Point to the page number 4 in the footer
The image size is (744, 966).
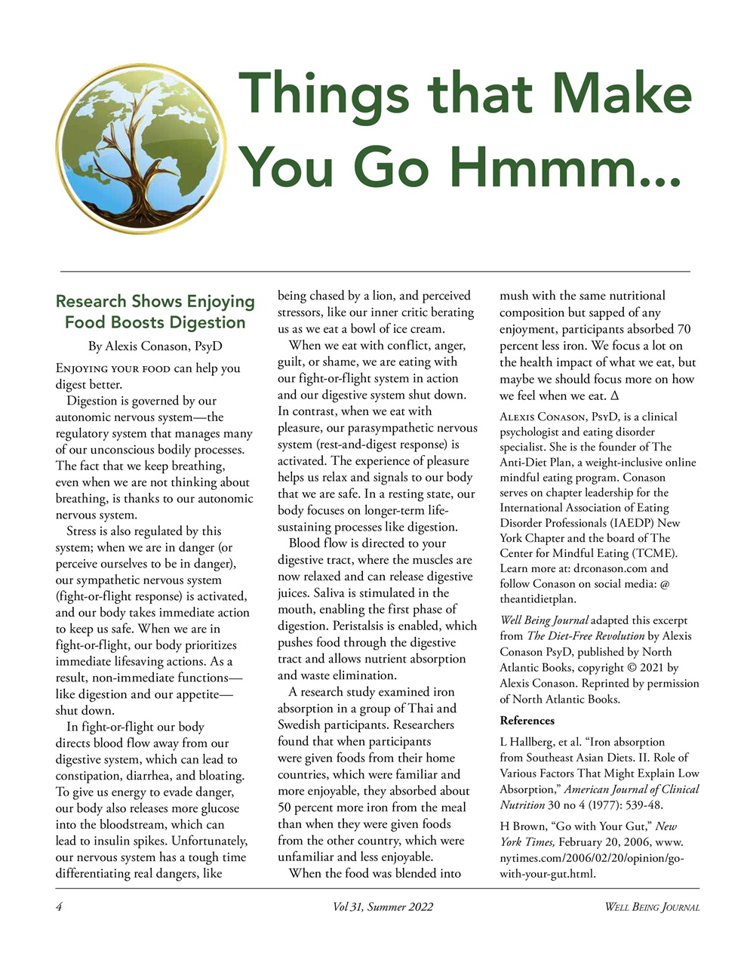58,906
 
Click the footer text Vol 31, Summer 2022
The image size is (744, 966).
383,906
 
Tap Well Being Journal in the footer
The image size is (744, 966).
651,906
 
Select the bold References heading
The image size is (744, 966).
527,720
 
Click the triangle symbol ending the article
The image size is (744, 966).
614,395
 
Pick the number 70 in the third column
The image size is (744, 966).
683,329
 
